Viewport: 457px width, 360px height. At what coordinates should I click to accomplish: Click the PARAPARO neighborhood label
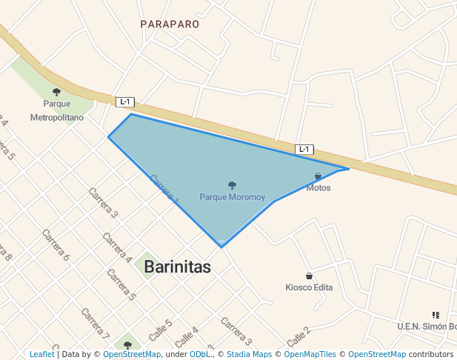pos(170,24)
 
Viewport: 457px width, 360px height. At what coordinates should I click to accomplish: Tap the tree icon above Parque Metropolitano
pos(56,93)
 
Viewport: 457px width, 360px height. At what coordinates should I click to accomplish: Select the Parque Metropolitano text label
pos(56,110)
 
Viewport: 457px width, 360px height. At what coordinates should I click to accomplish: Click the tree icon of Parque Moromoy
pos(232,185)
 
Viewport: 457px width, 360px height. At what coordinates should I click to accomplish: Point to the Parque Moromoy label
pos(232,197)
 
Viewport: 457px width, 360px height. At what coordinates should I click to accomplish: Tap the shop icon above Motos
pos(318,176)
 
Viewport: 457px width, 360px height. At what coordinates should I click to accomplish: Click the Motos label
pos(318,188)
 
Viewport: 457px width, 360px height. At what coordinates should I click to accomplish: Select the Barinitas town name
pos(177,267)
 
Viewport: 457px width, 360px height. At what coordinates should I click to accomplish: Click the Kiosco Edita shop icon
pos(309,276)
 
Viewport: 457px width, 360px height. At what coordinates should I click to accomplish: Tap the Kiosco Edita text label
pos(309,287)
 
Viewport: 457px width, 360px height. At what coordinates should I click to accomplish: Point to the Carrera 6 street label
pos(56,246)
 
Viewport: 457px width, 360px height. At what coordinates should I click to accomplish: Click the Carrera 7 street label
pos(95,322)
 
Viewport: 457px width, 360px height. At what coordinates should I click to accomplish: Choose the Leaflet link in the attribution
pos(41,354)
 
